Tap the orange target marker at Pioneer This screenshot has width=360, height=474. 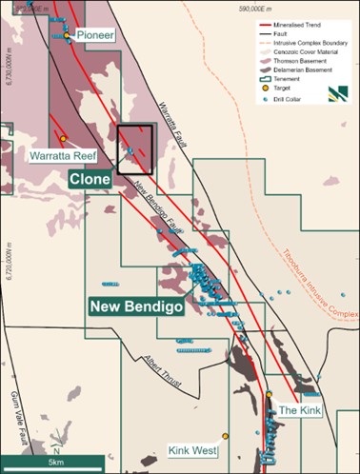coord(65,35)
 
